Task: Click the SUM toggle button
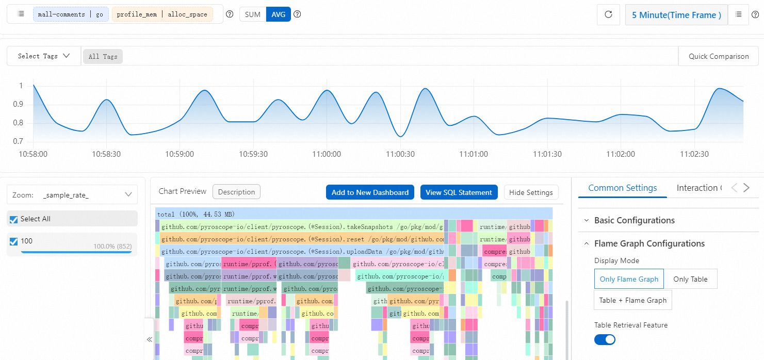point(253,14)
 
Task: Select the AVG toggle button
point(279,14)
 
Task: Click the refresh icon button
point(608,15)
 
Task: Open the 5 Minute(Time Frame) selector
point(676,15)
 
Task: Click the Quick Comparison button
point(719,56)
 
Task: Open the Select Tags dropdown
point(44,56)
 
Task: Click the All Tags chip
point(103,57)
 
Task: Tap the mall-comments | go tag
point(71,14)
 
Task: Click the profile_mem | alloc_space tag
point(161,14)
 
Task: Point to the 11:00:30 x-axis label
point(400,154)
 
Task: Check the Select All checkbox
point(14,219)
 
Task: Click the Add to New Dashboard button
point(370,192)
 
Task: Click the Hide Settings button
point(531,192)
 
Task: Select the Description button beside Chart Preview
point(236,192)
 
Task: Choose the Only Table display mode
point(690,279)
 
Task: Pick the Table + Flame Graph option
point(632,300)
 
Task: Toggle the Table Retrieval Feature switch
point(605,339)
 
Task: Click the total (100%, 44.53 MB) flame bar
point(354,214)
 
